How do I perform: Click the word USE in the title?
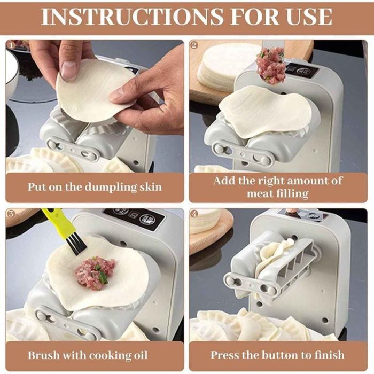[310, 17]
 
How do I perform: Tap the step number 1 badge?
[11, 45]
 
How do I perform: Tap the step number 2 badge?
[194, 45]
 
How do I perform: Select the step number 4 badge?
[194, 214]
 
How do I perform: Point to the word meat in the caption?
[259, 193]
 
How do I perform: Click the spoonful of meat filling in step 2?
[271, 65]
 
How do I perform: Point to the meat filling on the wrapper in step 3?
[95, 272]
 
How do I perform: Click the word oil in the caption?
[140, 355]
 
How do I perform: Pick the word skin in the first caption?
[151, 187]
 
